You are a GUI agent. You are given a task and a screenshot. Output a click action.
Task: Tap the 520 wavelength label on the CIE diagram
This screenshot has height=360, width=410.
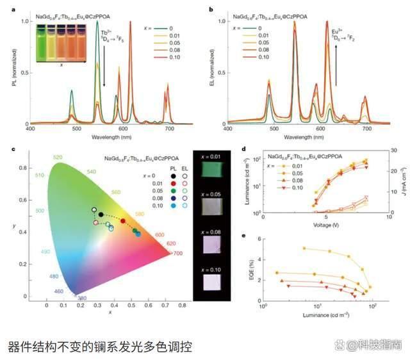57,157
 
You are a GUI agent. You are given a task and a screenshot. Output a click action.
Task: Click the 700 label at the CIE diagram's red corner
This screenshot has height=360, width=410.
177,254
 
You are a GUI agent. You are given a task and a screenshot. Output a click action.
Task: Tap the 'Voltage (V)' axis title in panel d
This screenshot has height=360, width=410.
327,225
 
